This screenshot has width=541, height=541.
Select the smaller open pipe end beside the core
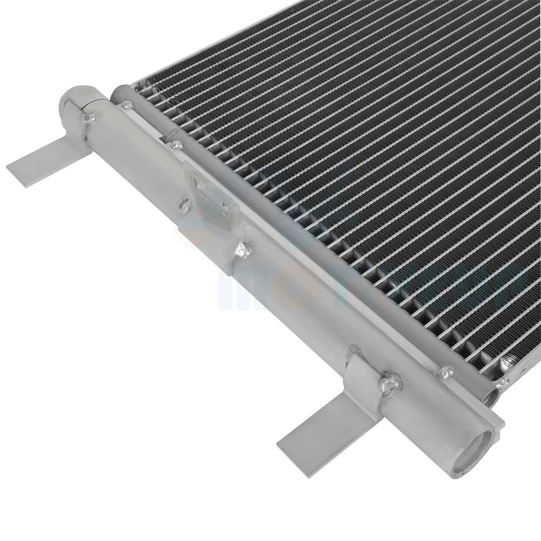492,394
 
